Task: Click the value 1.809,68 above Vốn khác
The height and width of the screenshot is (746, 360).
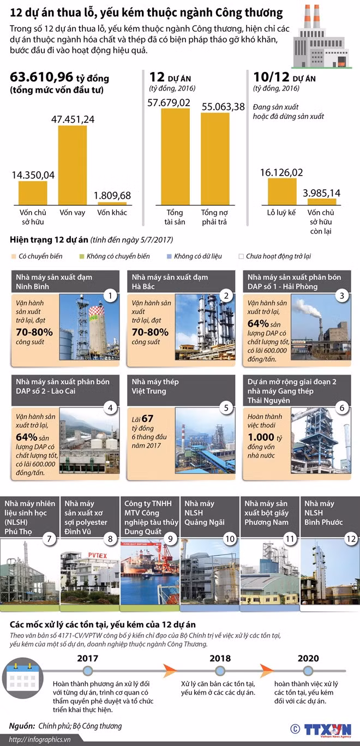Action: coord(112,195)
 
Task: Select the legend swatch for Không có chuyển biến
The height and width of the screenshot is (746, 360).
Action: coord(82,256)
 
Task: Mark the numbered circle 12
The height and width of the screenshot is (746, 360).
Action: coord(350,539)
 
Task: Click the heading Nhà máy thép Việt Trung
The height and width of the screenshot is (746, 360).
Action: coord(155,386)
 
